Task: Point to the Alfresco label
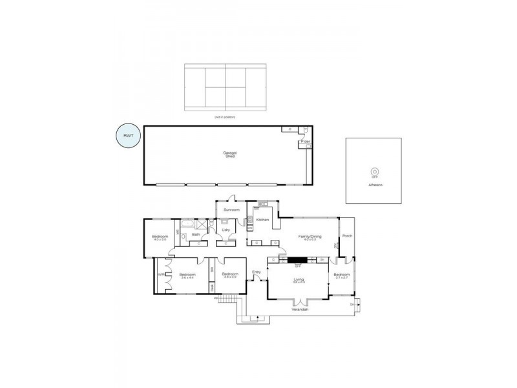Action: [374, 185]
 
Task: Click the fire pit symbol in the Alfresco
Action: [374, 172]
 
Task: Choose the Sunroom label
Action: [231, 210]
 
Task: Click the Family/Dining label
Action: [309, 237]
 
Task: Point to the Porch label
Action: [347, 235]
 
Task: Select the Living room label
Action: [299, 279]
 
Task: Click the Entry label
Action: [257, 272]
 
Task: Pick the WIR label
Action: [160, 274]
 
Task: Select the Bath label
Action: [196, 235]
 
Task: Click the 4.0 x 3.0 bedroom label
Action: [159, 238]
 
